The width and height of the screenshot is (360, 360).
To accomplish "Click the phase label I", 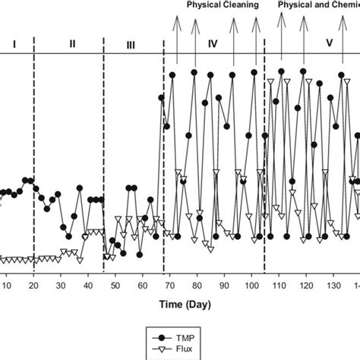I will click(14, 44).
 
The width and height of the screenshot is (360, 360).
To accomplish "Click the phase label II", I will click(72, 44).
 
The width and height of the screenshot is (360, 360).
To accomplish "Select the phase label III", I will click(131, 45).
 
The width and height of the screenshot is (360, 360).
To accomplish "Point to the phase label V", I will click(329, 44).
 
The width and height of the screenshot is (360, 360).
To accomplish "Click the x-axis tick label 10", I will click(8, 286).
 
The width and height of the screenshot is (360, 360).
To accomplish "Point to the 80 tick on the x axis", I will click(197, 286).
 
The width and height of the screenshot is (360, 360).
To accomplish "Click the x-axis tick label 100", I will click(251, 286).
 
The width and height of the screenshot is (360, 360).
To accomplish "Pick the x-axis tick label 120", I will click(305, 286).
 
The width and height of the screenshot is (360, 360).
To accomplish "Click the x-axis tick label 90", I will click(224, 286).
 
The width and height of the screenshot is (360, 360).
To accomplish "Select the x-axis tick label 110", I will click(278, 286).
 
